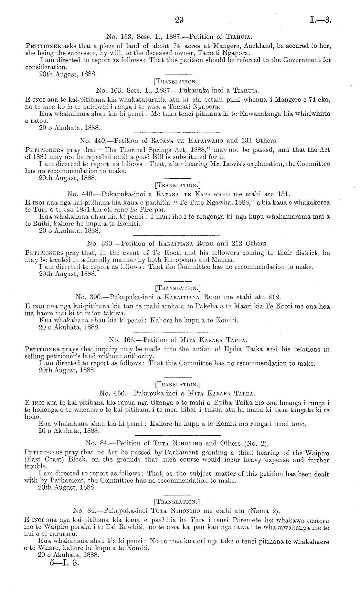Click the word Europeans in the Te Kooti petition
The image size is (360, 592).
pyautogui.click(x=187, y=260)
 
